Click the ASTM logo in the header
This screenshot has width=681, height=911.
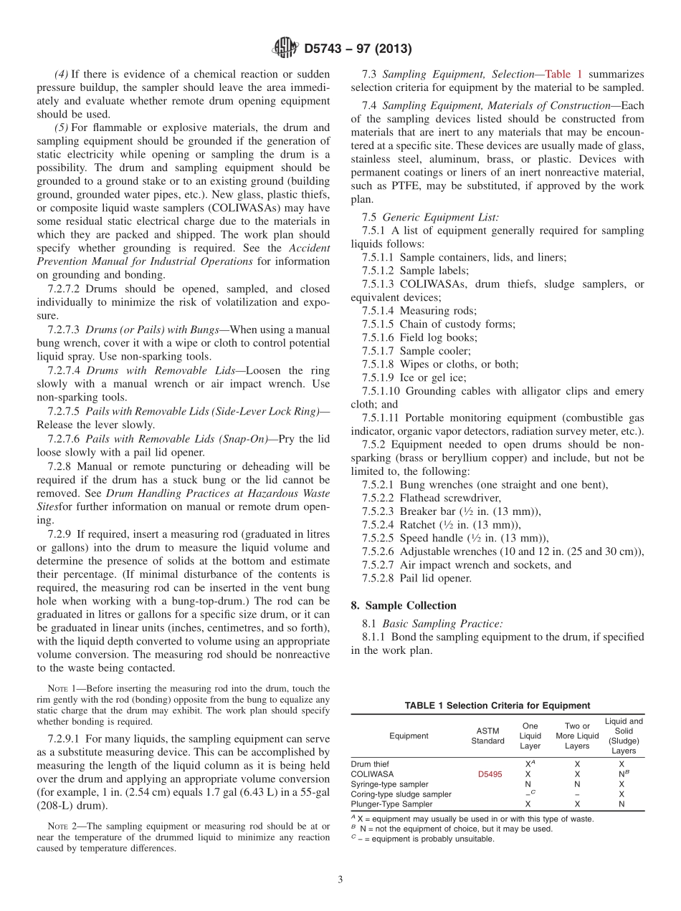(x=285, y=49)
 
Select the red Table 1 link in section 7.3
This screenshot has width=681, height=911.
(x=564, y=74)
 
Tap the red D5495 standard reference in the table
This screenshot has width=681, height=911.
(x=487, y=774)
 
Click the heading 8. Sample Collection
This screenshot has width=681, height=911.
(x=404, y=605)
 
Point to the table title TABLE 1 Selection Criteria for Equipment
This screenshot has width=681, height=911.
(x=497, y=705)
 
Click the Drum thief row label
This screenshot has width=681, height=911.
(x=370, y=764)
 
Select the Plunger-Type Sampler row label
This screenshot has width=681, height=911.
(x=391, y=804)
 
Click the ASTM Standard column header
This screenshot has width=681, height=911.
(x=487, y=736)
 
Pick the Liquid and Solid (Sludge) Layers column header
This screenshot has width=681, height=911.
(x=624, y=736)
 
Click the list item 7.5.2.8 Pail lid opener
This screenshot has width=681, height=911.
(x=416, y=579)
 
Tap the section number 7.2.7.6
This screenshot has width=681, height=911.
(x=65, y=439)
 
